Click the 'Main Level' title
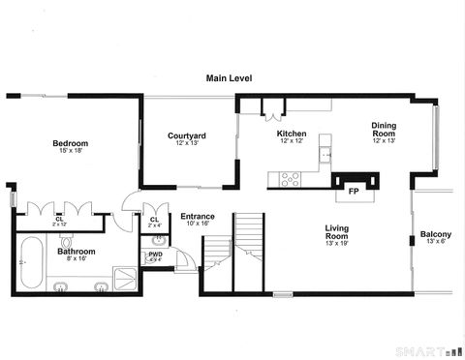pyautogui.click(x=229, y=78)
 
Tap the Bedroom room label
pyautogui.click(x=71, y=143)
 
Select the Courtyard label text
pyautogui.click(x=186, y=135)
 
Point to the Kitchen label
pyautogui.click(x=292, y=134)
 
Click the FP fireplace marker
pyautogui.click(x=355, y=192)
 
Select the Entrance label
pyautogui.click(x=198, y=217)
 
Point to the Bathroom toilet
pyautogui.click(x=66, y=243)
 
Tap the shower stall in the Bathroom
pyautogui.click(x=126, y=280)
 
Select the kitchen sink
pyautogui.click(x=327, y=154)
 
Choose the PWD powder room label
pyautogui.click(x=155, y=255)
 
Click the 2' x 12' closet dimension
pyautogui.click(x=60, y=225)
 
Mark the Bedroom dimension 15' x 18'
pyautogui.click(x=71, y=150)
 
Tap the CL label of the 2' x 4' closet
pyautogui.click(x=155, y=219)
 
